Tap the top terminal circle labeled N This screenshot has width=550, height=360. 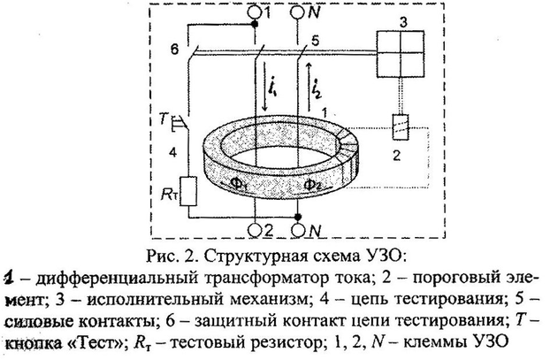pyautogui.click(x=299, y=13)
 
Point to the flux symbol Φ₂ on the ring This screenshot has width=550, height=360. pyautogui.click(x=312, y=185)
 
